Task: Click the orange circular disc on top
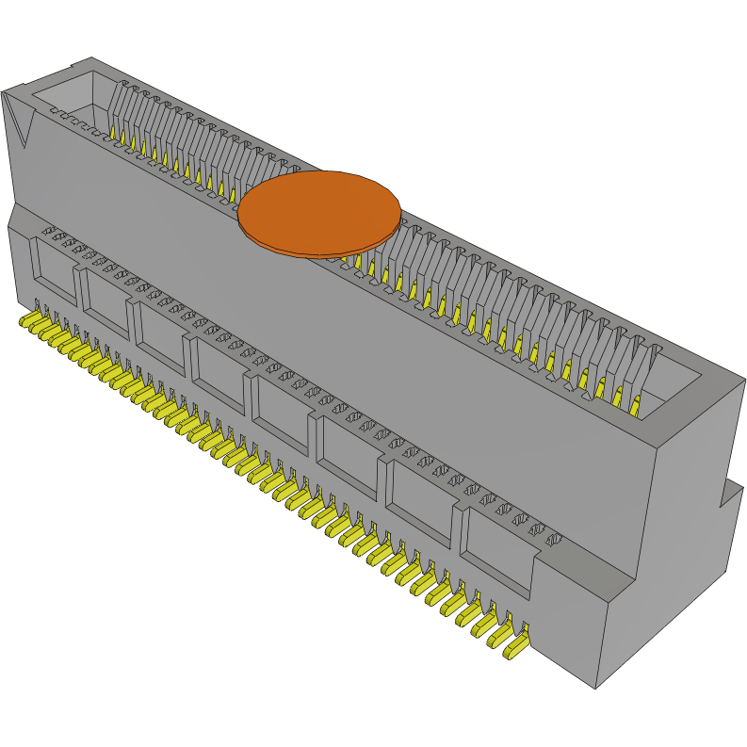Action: pyautogui.click(x=318, y=209)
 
